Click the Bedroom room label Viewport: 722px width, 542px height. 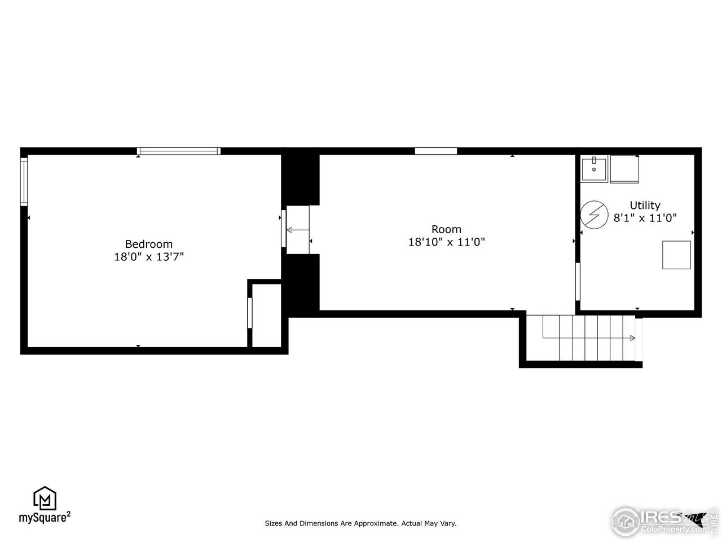[x=148, y=244]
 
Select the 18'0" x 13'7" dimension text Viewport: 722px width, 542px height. [x=148, y=257]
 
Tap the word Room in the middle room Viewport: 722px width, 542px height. [x=446, y=229]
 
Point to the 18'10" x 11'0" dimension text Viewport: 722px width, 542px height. [x=446, y=242]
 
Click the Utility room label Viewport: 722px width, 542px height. [x=645, y=206]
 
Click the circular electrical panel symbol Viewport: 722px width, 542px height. [x=593, y=215]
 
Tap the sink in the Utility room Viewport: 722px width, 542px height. [x=594, y=169]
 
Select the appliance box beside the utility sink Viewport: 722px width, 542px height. [x=624, y=169]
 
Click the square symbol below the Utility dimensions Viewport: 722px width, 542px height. [x=676, y=255]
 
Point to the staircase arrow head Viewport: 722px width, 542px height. [x=632, y=338]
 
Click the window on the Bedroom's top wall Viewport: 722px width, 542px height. [x=179, y=151]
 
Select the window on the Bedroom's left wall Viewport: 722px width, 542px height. [x=24, y=182]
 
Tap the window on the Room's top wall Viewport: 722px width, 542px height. [x=435, y=151]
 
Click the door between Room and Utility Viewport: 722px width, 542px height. [x=577, y=281]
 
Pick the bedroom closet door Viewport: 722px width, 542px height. [x=249, y=313]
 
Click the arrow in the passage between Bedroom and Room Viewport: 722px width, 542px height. [x=289, y=230]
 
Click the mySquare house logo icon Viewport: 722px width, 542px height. [x=45, y=498]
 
